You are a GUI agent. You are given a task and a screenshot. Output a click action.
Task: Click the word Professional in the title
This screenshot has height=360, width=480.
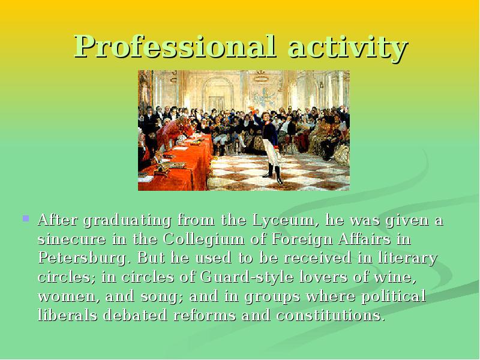[x=175, y=47]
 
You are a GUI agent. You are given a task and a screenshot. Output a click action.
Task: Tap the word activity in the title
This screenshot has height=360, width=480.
[x=348, y=47]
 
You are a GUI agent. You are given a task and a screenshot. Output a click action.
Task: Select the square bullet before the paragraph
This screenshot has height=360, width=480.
[x=26, y=218]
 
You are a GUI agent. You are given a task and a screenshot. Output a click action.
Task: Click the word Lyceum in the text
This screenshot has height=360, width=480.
[x=283, y=220]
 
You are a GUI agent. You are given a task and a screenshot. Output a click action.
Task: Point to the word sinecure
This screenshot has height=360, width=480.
[x=72, y=239]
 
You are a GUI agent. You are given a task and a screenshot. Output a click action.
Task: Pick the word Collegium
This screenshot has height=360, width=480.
[x=203, y=239]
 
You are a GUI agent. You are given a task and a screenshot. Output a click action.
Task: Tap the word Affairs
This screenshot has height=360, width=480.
[x=365, y=239]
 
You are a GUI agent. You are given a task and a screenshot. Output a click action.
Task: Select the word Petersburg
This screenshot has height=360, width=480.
[x=82, y=259]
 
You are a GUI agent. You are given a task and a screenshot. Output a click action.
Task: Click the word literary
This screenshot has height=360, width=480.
[x=408, y=259]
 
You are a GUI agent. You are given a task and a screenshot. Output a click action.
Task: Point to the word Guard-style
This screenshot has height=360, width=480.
[x=247, y=277]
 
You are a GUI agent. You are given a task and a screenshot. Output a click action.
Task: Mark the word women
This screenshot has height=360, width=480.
[x=69, y=297]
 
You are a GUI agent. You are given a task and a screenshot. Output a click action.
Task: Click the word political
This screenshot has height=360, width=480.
[x=394, y=296]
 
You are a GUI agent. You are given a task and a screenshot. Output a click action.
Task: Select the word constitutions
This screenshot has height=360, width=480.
[x=330, y=316]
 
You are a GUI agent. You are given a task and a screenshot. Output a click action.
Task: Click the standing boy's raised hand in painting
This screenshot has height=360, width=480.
[x=252, y=109]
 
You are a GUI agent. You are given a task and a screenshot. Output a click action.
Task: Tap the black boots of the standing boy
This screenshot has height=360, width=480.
[x=275, y=174]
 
